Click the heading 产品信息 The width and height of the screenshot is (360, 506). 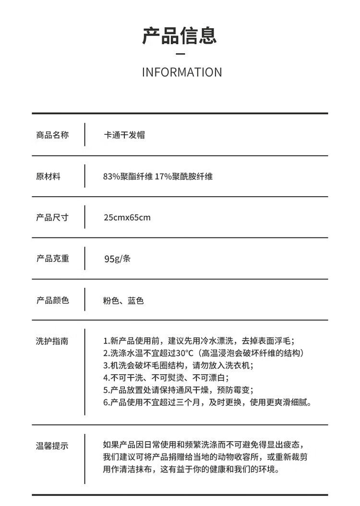coord(180,36)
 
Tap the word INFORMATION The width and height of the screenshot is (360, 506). coord(182,72)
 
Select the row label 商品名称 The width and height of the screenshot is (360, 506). coord(52,135)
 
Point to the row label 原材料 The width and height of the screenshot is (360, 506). coord(48,177)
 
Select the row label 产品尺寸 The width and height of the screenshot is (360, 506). coord(52,218)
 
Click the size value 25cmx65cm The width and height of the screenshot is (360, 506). coord(127,218)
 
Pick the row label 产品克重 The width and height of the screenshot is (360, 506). coord(52,259)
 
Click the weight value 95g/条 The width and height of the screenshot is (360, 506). coord(117,259)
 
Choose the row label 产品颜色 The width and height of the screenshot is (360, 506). coord(52,301)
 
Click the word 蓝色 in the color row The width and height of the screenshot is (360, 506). coord(136,301)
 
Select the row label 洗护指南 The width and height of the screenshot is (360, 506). coord(52,341)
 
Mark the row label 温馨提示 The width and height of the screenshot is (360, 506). coord(52,446)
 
